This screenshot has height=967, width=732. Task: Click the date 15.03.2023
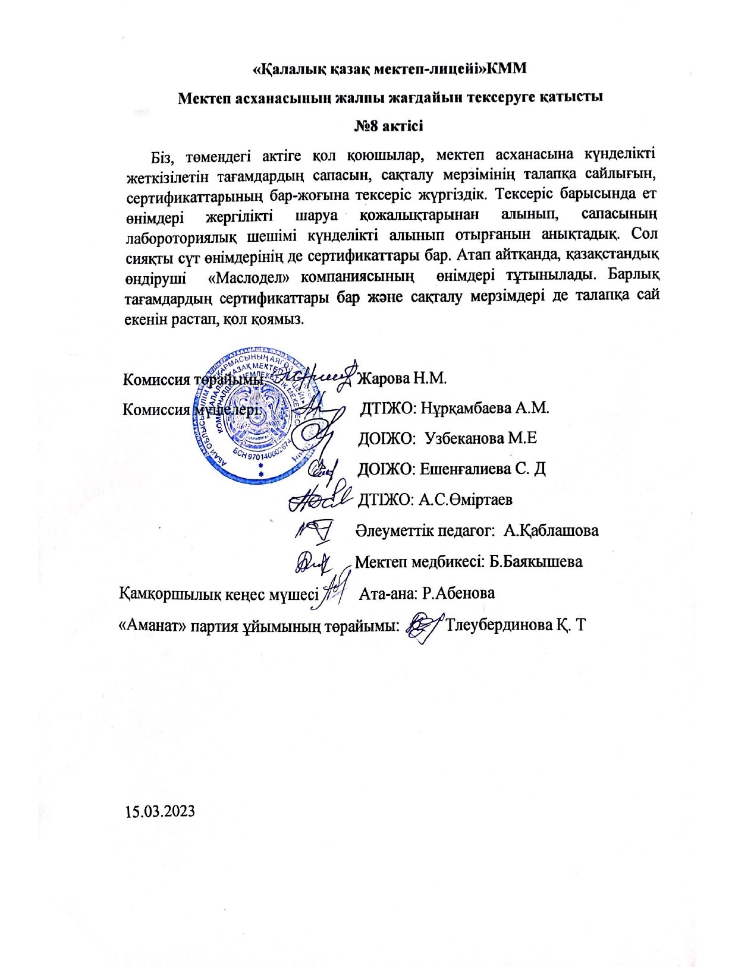[x=160, y=811]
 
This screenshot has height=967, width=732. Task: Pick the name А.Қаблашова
[x=551, y=530]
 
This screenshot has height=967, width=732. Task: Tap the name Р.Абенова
[x=458, y=593]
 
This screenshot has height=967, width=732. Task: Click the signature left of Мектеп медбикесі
[x=313, y=562]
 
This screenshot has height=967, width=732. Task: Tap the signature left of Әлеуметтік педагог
[x=316, y=530]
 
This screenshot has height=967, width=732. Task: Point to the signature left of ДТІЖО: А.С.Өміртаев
[x=317, y=498]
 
